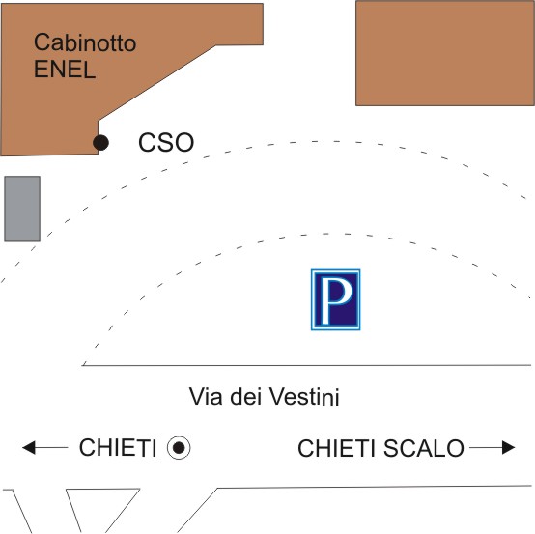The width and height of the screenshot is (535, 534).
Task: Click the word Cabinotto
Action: tap(85, 42)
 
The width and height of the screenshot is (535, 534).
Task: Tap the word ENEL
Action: tap(65, 70)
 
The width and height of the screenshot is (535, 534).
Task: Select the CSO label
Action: tap(166, 142)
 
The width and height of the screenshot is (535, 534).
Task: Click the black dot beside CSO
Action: tap(101, 142)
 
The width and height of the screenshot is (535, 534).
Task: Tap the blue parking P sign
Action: tap(335, 299)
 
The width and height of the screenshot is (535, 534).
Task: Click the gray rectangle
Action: tap(22, 209)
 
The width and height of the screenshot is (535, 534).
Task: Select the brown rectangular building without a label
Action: tap(445, 53)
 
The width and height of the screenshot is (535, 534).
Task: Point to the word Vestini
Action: tap(305, 396)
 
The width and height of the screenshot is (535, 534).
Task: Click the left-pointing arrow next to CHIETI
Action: tap(45, 448)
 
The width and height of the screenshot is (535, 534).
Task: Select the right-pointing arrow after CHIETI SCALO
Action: tap(492, 448)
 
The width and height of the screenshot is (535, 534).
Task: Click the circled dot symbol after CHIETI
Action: tap(179, 447)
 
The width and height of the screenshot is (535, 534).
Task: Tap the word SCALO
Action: tap(423, 448)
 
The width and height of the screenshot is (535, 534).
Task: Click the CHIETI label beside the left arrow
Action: tap(118, 448)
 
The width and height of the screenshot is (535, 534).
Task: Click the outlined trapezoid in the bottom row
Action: tap(102, 511)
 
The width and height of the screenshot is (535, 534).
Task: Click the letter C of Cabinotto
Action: tap(42, 42)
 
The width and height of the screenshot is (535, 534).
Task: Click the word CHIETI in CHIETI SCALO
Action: tap(336, 448)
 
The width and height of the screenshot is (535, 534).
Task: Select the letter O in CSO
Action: tap(184, 142)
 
